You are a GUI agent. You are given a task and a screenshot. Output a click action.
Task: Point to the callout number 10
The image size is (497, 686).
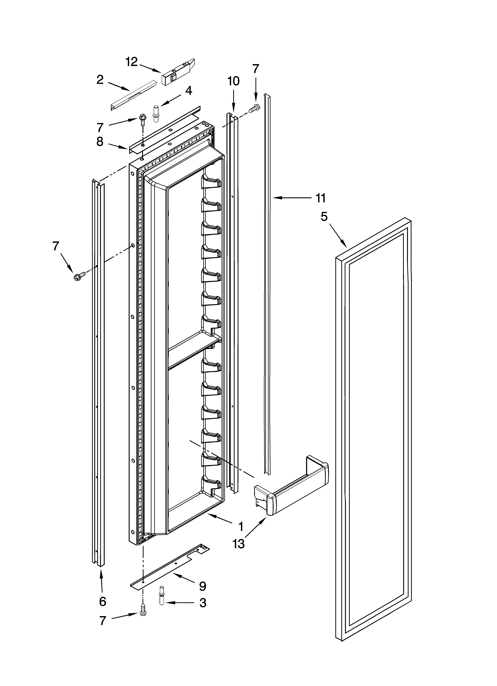[233, 81]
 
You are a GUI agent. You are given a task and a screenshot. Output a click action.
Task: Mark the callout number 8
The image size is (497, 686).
[100, 142]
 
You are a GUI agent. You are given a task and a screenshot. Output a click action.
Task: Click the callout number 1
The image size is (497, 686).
[241, 527]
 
